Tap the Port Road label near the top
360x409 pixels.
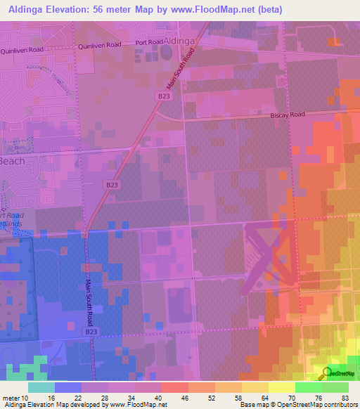coord(149,43)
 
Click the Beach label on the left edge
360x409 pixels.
coord(12,161)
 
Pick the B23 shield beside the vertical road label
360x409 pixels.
coord(90,330)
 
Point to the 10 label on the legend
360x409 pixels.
coord(26,397)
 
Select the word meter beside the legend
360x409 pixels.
coord(11,397)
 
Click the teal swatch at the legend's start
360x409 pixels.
coord(41,387)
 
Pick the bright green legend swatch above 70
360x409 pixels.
coord(308,387)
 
